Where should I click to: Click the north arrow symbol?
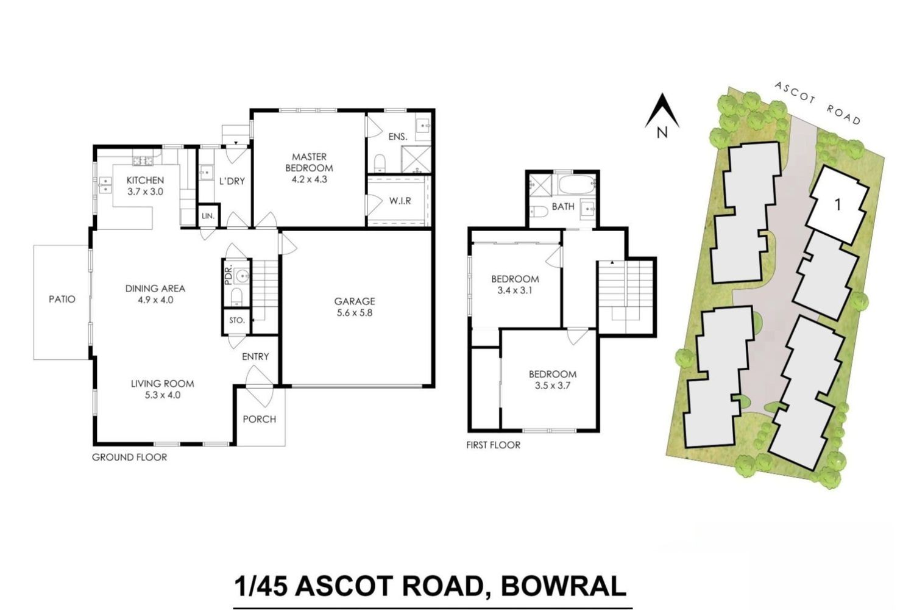pyautogui.click(x=662, y=111)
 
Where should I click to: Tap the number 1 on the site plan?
pyautogui.click(x=838, y=205)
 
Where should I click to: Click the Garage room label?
pyautogui.click(x=354, y=301)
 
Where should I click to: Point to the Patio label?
pyautogui.click(x=62, y=299)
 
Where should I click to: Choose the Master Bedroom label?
pyautogui.click(x=309, y=162)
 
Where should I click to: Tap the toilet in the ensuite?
pyautogui.click(x=380, y=163)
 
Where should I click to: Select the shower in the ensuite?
pyautogui.click(x=416, y=159)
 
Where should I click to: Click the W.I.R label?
pyautogui.click(x=400, y=201)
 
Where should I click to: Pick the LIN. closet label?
pyautogui.click(x=208, y=216)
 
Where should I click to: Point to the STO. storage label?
pyautogui.click(x=236, y=320)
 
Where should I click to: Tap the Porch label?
pyautogui.click(x=260, y=419)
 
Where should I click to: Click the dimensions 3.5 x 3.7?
pyautogui.click(x=552, y=386)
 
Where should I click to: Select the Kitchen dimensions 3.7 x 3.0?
pyautogui.click(x=145, y=192)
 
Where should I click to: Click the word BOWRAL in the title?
pyautogui.click(x=564, y=586)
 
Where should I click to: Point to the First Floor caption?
pyautogui.click(x=494, y=445)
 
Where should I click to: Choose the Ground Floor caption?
pyautogui.click(x=129, y=457)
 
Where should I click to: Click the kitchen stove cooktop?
pyautogui.click(x=143, y=161)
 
